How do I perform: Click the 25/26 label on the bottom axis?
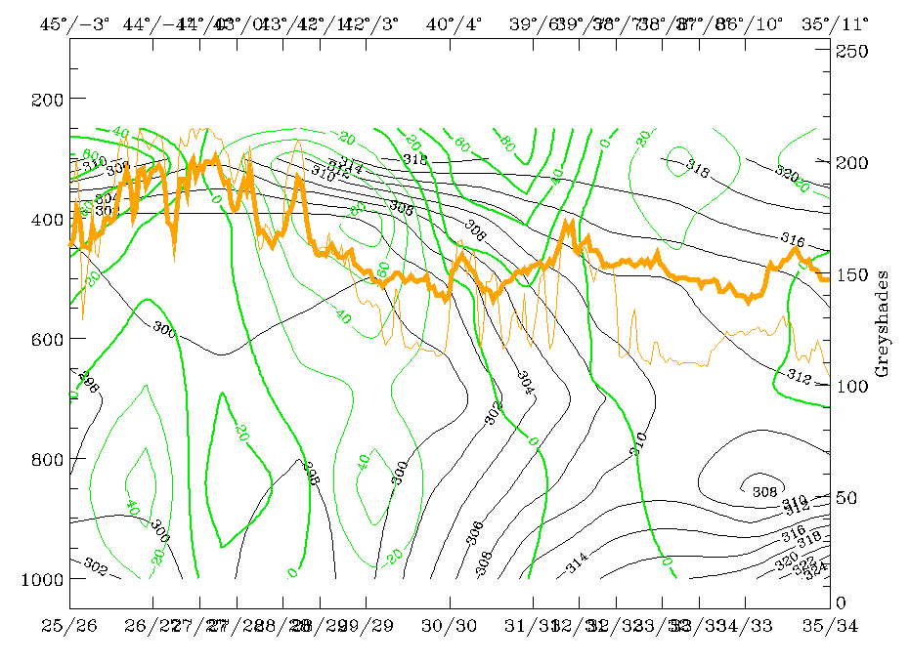(71, 624)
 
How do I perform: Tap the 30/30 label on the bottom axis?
(450, 624)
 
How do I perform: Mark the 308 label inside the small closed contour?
(765, 491)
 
